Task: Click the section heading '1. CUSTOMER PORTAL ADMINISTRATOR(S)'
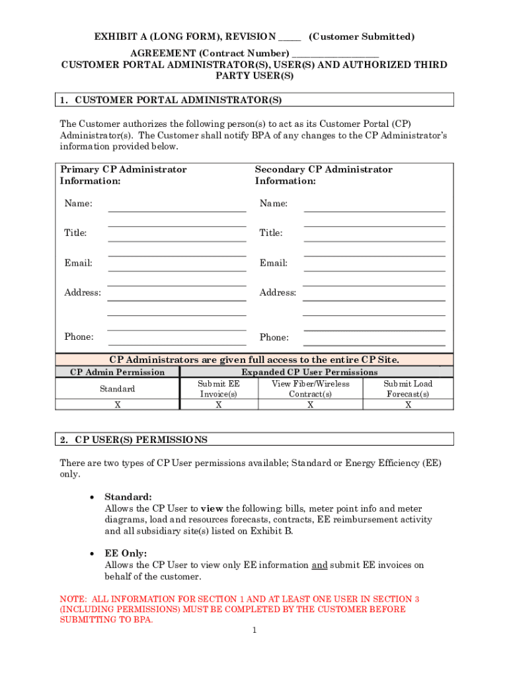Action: pyautogui.click(x=171, y=100)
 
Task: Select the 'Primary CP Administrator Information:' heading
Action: pyautogui.click(x=124, y=175)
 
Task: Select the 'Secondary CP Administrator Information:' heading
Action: pyautogui.click(x=324, y=175)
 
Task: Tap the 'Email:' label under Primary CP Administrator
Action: pyautogui.click(x=78, y=263)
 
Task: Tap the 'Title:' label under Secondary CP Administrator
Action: pyautogui.click(x=271, y=233)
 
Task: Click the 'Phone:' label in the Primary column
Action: pyautogui.click(x=79, y=337)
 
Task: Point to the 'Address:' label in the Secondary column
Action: pyautogui.click(x=278, y=292)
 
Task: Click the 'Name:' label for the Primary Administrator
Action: pyautogui.click(x=78, y=204)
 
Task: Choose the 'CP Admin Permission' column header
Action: pyautogui.click(x=118, y=372)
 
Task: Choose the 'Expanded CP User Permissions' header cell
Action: pyautogui.click(x=309, y=372)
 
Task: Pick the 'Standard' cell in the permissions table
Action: pyautogui.click(x=118, y=389)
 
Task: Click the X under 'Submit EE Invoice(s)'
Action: pyautogui.click(x=219, y=405)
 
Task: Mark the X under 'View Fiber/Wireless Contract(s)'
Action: pyautogui.click(x=310, y=405)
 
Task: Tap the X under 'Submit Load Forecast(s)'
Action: pyautogui.click(x=408, y=405)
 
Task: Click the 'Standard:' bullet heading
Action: pyautogui.click(x=128, y=497)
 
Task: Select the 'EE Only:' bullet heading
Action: pyautogui.click(x=126, y=553)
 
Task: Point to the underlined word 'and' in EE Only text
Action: pyautogui.click(x=319, y=565)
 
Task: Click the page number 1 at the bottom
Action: pyautogui.click(x=254, y=631)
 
